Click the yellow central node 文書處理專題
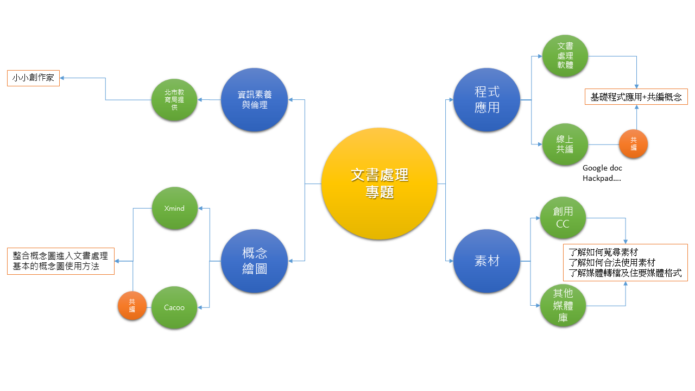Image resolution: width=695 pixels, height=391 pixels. pyautogui.click(x=379, y=184)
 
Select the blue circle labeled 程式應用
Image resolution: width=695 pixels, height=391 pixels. pyautogui.click(x=486, y=99)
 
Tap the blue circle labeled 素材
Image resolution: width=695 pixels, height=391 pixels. pyautogui.click(x=486, y=261)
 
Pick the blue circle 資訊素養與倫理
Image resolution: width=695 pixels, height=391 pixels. pyautogui.click(x=254, y=99)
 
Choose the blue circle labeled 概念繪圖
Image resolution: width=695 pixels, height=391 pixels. pyautogui.click(x=254, y=261)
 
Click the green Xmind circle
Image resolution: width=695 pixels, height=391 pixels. pyautogui.click(x=174, y=209)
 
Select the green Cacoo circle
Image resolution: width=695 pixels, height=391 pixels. pyautogui.click(x=174, y=307)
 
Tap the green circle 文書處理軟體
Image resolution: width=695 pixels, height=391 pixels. pyautogui.click(x=565, y=56)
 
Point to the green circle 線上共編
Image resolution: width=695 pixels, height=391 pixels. pyautogui.click(x=565, y=144)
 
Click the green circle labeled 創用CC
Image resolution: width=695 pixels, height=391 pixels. pyautogui.click(x=563, y=218)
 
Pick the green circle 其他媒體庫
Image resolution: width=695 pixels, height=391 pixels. pyautogui.click(x=563, y=306)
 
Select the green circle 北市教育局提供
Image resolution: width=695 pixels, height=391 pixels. pyautogui.click(x=174, y=100)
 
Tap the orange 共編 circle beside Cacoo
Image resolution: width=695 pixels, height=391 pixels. pyautogui.click(x=132, y=306)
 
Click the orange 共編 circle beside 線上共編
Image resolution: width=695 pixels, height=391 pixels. pyautogui.click(x=633, y=144)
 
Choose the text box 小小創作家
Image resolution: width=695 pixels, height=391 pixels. pyautogui.click(x=33, y=78)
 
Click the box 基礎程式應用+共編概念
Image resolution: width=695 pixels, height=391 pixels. pyautogui.click(x=636, y=97)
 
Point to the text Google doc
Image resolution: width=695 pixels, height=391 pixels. pyautogui.click(x=602, y=168)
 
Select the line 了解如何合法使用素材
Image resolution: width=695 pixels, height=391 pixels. pyautogui.click(x=611, y=263)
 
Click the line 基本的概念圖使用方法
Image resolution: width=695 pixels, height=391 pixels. pyautogui.click(x=56, y=267)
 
